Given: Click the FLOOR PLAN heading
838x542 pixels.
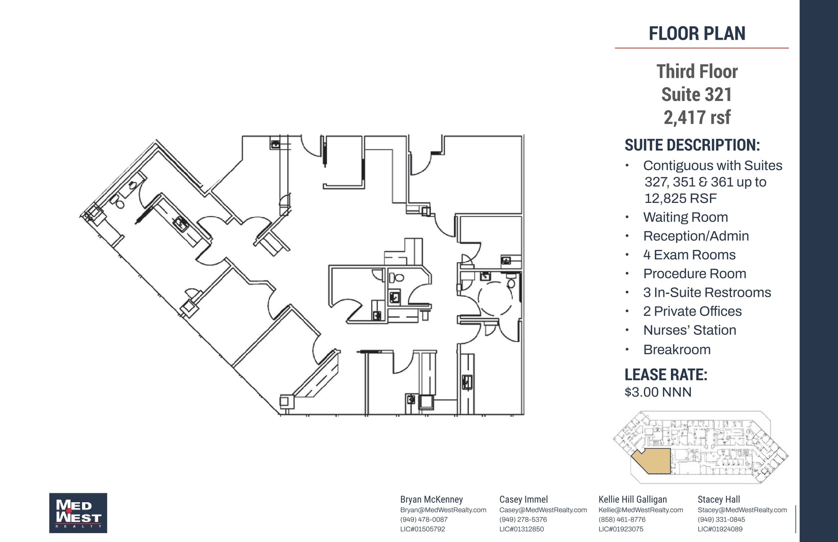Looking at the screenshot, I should pyautogui.click(x=697, y=34).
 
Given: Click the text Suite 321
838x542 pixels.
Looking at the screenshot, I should pyautogui.click(x=697, y=94).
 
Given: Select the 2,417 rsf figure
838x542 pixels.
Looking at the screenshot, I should pyautogui.click(x=697, y=117).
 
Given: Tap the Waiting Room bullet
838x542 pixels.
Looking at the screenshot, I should pyautogui.click(x=685, y=217).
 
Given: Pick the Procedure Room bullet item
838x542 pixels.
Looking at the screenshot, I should pyautogui.click(x=694, y=274).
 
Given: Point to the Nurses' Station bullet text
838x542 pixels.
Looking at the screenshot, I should pyautogui.click(x=689, y=330).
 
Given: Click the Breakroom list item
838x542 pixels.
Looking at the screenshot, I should pyautogui.click(x=677, y=350).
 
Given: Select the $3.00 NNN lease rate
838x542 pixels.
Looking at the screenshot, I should pyautogui.click(x=658, y=392).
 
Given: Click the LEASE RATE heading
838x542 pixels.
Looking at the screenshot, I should pyautogui.click(x=666, y=375).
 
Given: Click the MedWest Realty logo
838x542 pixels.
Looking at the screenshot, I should pyautogui.click(x=78, y=513).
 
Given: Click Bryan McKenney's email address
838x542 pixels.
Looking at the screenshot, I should pyautogui.click(x=443, y=510).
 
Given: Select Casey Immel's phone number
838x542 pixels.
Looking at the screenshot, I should pyautogui.click(x=523, y=520).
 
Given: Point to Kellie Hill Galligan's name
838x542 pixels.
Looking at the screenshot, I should pyautogui.click(x=633, y=499).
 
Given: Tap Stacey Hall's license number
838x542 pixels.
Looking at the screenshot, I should pyautogui.click(x=720, y=529).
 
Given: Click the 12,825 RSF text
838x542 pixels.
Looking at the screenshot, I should pyautogui.click(x=680, y=198).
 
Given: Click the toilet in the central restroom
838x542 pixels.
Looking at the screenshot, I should pyautogui.click(x=396, y=278).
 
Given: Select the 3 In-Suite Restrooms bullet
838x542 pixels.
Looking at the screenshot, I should pyautogui.click(x=707, y=292).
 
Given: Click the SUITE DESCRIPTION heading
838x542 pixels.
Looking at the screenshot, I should pyautogui.click(x=692, y=145).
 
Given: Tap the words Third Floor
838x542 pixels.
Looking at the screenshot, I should pyautogui.click(x=697, y=72).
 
